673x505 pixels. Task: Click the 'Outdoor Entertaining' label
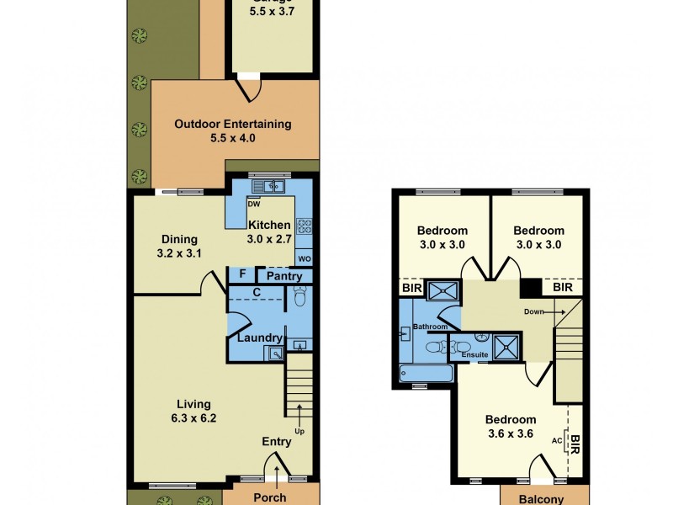[x=233, y=124]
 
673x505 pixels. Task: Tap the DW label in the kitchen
[x=253, y=204]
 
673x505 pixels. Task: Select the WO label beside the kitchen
[x=304, y=258]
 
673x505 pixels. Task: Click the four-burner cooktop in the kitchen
[x=304, y=226]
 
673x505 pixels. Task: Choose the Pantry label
[x=284, y=276]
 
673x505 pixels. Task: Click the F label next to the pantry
[x=242, y=274]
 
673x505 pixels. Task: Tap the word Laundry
[x=259, y=338]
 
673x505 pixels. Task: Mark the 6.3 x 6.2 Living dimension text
[x=193, y=417]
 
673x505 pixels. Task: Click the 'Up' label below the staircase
[x=299, y=432]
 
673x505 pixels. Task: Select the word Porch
[x=270, y=497]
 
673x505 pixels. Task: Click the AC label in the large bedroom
[x=556, y=439]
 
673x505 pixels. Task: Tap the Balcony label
[x=540, y=499]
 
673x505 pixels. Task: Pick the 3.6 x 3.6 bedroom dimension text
[x=510, y=434]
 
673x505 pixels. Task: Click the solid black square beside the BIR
[x=531, y=287]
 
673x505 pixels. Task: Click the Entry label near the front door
[x=277, y=441]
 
